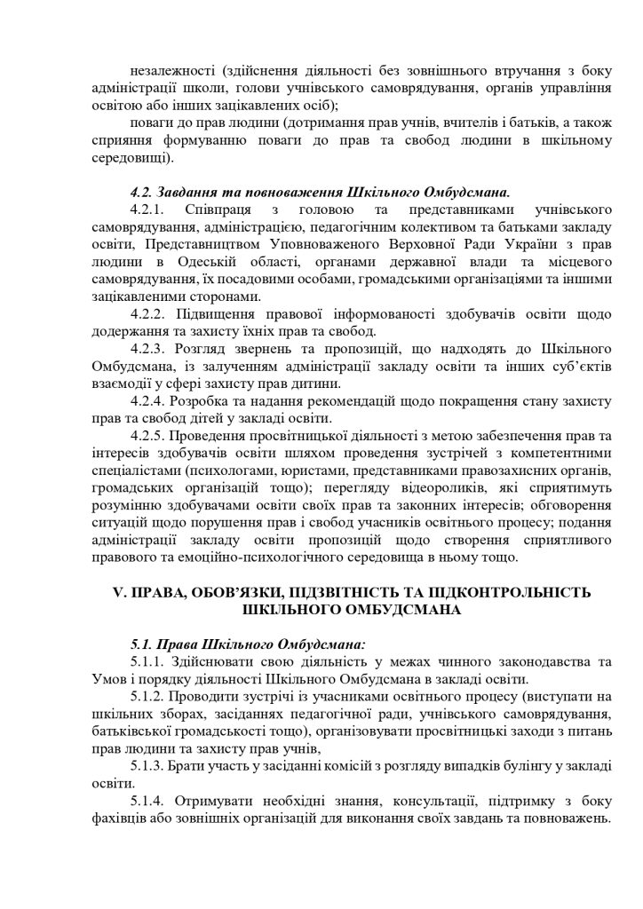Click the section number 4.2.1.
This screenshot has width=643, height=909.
[149, 209]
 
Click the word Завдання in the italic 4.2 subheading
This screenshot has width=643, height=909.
[195, 191]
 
